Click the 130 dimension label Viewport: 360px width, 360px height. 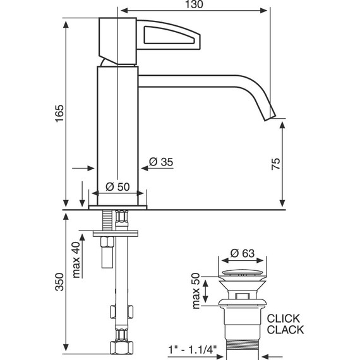(x=194, y=4)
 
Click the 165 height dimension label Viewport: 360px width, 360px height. (x=59, y=114)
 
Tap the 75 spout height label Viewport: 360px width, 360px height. (x=276, y=164)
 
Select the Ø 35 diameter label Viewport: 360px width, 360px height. (x=161, y=162)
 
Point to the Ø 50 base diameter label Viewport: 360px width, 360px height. (x=117, y=187)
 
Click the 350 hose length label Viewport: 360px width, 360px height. (x=59, y=282)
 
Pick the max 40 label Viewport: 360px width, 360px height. (x=76, y=260)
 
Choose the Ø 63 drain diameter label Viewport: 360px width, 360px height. (x=243, y=253)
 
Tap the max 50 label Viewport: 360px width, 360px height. (x=196, y=291)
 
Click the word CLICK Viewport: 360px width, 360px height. (x=284, y=318)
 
